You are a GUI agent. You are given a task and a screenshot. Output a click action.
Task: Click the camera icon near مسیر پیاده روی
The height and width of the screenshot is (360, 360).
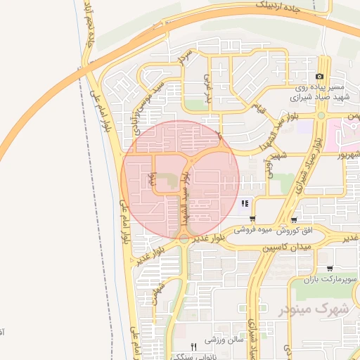point(320,76)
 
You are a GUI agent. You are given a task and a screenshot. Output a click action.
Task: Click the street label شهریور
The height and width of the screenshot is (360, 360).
point(347,153)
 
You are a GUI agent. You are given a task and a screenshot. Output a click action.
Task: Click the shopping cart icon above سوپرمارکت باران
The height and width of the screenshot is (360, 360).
point(330,268)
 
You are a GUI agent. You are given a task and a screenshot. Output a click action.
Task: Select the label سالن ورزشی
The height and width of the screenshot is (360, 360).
point(224,340)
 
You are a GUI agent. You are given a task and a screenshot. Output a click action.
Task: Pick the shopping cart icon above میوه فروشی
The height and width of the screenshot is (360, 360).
point(252,219)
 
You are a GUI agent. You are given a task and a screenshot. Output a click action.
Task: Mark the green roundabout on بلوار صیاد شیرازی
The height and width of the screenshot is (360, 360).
point(321,115)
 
